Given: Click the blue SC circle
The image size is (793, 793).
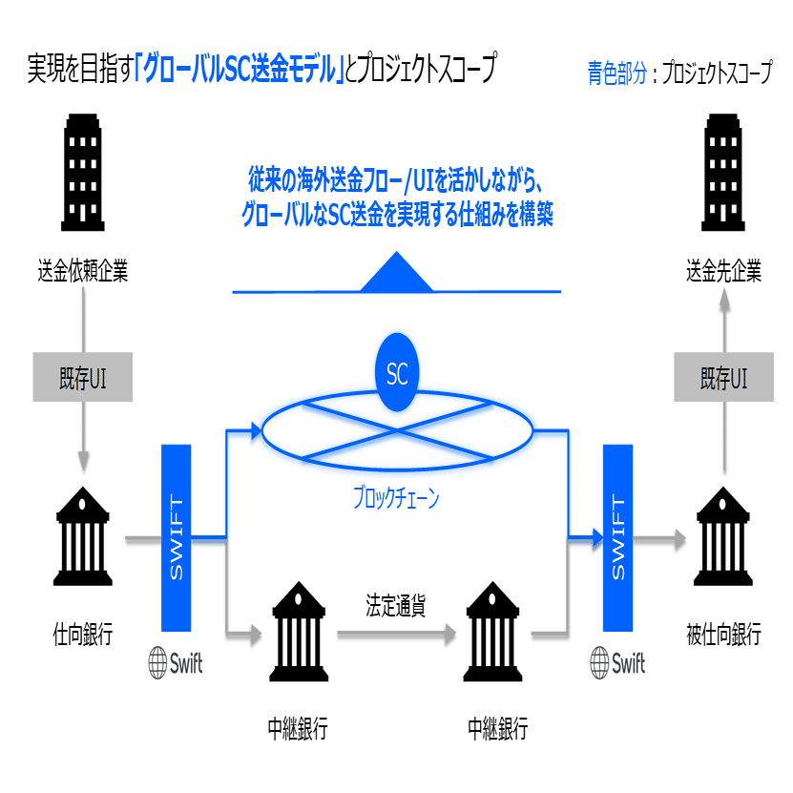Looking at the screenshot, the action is (397, 372).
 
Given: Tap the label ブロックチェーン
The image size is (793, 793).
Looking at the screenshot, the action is (396, 497).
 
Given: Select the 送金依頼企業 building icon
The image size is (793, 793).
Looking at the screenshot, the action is (83, 173).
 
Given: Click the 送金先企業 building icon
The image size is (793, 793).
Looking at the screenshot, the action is (723, 173).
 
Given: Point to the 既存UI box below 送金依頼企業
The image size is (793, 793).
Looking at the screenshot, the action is (83, 377).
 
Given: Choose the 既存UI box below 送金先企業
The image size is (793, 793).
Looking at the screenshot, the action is (723, 377).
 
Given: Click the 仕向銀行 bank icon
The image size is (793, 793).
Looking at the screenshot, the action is (83, 536).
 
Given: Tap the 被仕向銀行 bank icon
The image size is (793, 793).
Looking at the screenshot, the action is (723, 536).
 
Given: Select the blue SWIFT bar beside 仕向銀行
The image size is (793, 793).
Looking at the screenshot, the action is (176, 538).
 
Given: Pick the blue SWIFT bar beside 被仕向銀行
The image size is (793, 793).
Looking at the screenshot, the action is (618, 538).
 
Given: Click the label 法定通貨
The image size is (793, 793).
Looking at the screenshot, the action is (395, 605).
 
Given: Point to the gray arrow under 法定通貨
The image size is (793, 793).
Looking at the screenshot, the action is (397, 634).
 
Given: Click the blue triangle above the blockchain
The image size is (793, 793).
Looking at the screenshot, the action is (397, 272).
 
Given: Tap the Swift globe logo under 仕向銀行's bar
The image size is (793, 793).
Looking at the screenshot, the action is (157, 663).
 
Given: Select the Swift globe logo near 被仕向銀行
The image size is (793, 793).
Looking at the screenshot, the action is (600, 663).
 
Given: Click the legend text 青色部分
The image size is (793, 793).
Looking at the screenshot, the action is (617, 73).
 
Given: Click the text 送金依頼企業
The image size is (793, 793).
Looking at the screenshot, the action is (83, 271).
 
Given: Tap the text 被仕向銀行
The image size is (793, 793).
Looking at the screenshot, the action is (723, 635).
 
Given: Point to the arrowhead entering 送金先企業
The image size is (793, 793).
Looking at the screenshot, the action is (724, 302).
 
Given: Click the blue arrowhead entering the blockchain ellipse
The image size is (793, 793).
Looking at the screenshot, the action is (256, 431).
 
